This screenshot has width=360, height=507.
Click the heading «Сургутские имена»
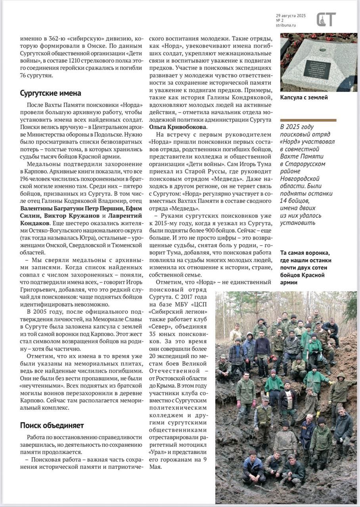[51, 93]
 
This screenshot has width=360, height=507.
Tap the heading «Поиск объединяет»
[52, 425]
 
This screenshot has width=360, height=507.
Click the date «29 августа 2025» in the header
[291, 15]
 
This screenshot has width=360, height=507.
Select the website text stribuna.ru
[286, 25]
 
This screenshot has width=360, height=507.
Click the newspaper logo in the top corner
[326, 19]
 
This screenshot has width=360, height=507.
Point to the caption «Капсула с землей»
[304, 97]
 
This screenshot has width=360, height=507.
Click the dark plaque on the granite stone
[317, 69]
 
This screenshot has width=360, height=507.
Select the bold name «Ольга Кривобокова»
[178, 127]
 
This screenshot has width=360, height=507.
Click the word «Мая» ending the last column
[156, 467]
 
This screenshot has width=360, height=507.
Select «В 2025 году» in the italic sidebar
[297, 127]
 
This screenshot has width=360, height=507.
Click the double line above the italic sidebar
[308, 120]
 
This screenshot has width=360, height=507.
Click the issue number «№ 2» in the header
[280, 20]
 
